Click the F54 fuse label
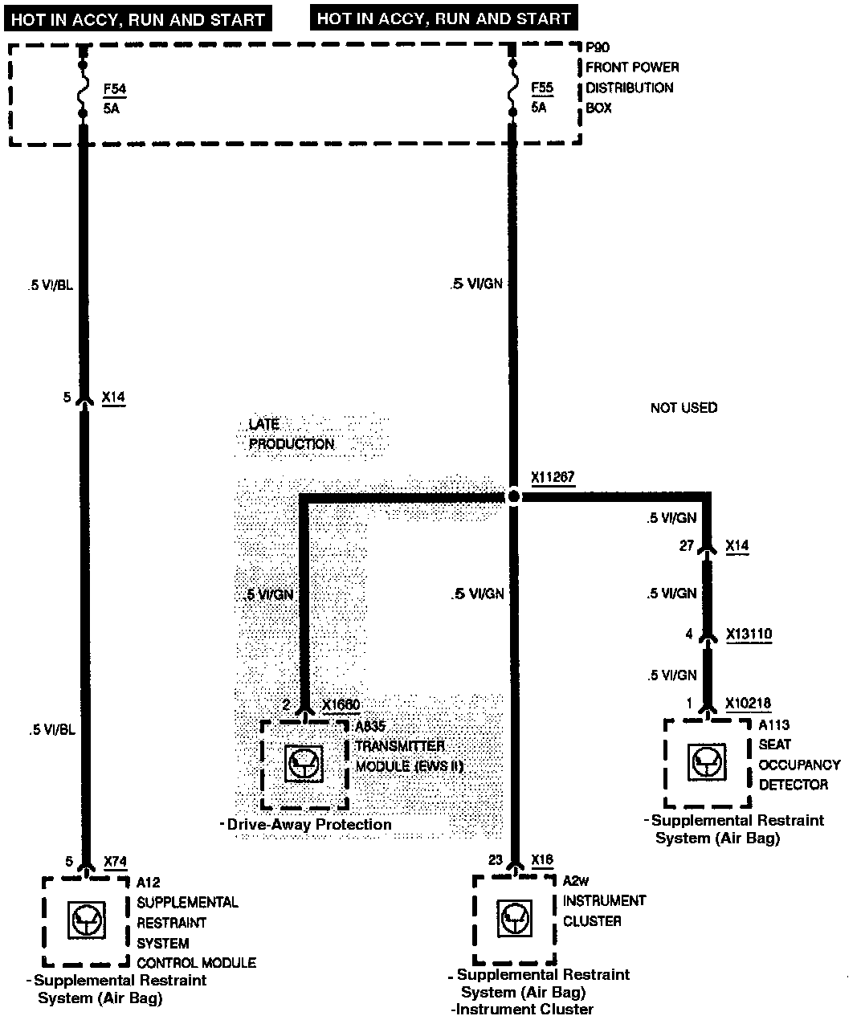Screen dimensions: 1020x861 click(115, 88)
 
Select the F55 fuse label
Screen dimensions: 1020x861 click(542, 88)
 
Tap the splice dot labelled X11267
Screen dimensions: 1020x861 click(514, 497)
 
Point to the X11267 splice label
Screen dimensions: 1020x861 click(553, 478)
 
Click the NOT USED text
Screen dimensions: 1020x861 click(683, 408)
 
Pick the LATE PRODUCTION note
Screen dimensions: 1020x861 click(291, 434)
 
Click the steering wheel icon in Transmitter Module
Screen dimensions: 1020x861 click(304, 763)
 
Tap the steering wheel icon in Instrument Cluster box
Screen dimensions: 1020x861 click(514, 919)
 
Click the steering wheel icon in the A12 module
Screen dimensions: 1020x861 click(85, 920)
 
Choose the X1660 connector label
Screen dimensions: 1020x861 click(341, 705)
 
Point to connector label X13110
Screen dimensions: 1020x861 click(749, 634)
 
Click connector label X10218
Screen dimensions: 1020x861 click(748, 704)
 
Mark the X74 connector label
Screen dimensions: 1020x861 click(116, 862)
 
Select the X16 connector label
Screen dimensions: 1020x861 click(542, 860)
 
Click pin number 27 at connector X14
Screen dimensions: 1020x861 click(686, 546)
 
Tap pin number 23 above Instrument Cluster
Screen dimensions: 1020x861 click(496, 860)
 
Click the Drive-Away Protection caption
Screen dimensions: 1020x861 click(308, 825)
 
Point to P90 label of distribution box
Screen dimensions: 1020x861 click(598, 48)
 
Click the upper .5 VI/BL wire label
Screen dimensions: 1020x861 click(49, 284)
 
